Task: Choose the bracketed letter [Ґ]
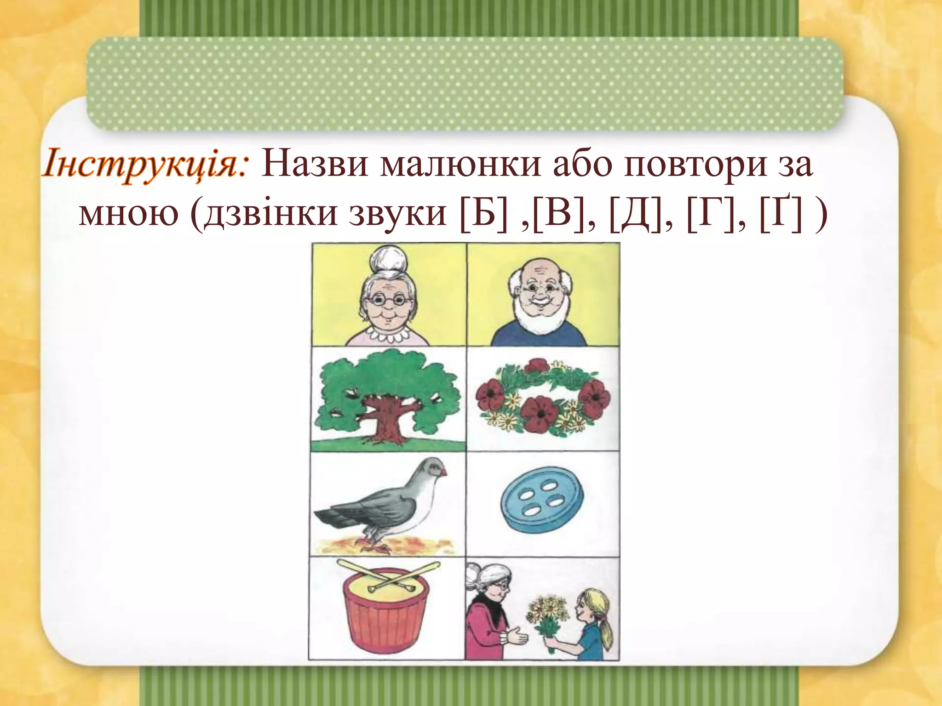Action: click(x=782, y=214)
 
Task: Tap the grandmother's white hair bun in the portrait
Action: click(x=389, y=261)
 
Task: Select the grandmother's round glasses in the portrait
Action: click(x=389, y=301)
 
